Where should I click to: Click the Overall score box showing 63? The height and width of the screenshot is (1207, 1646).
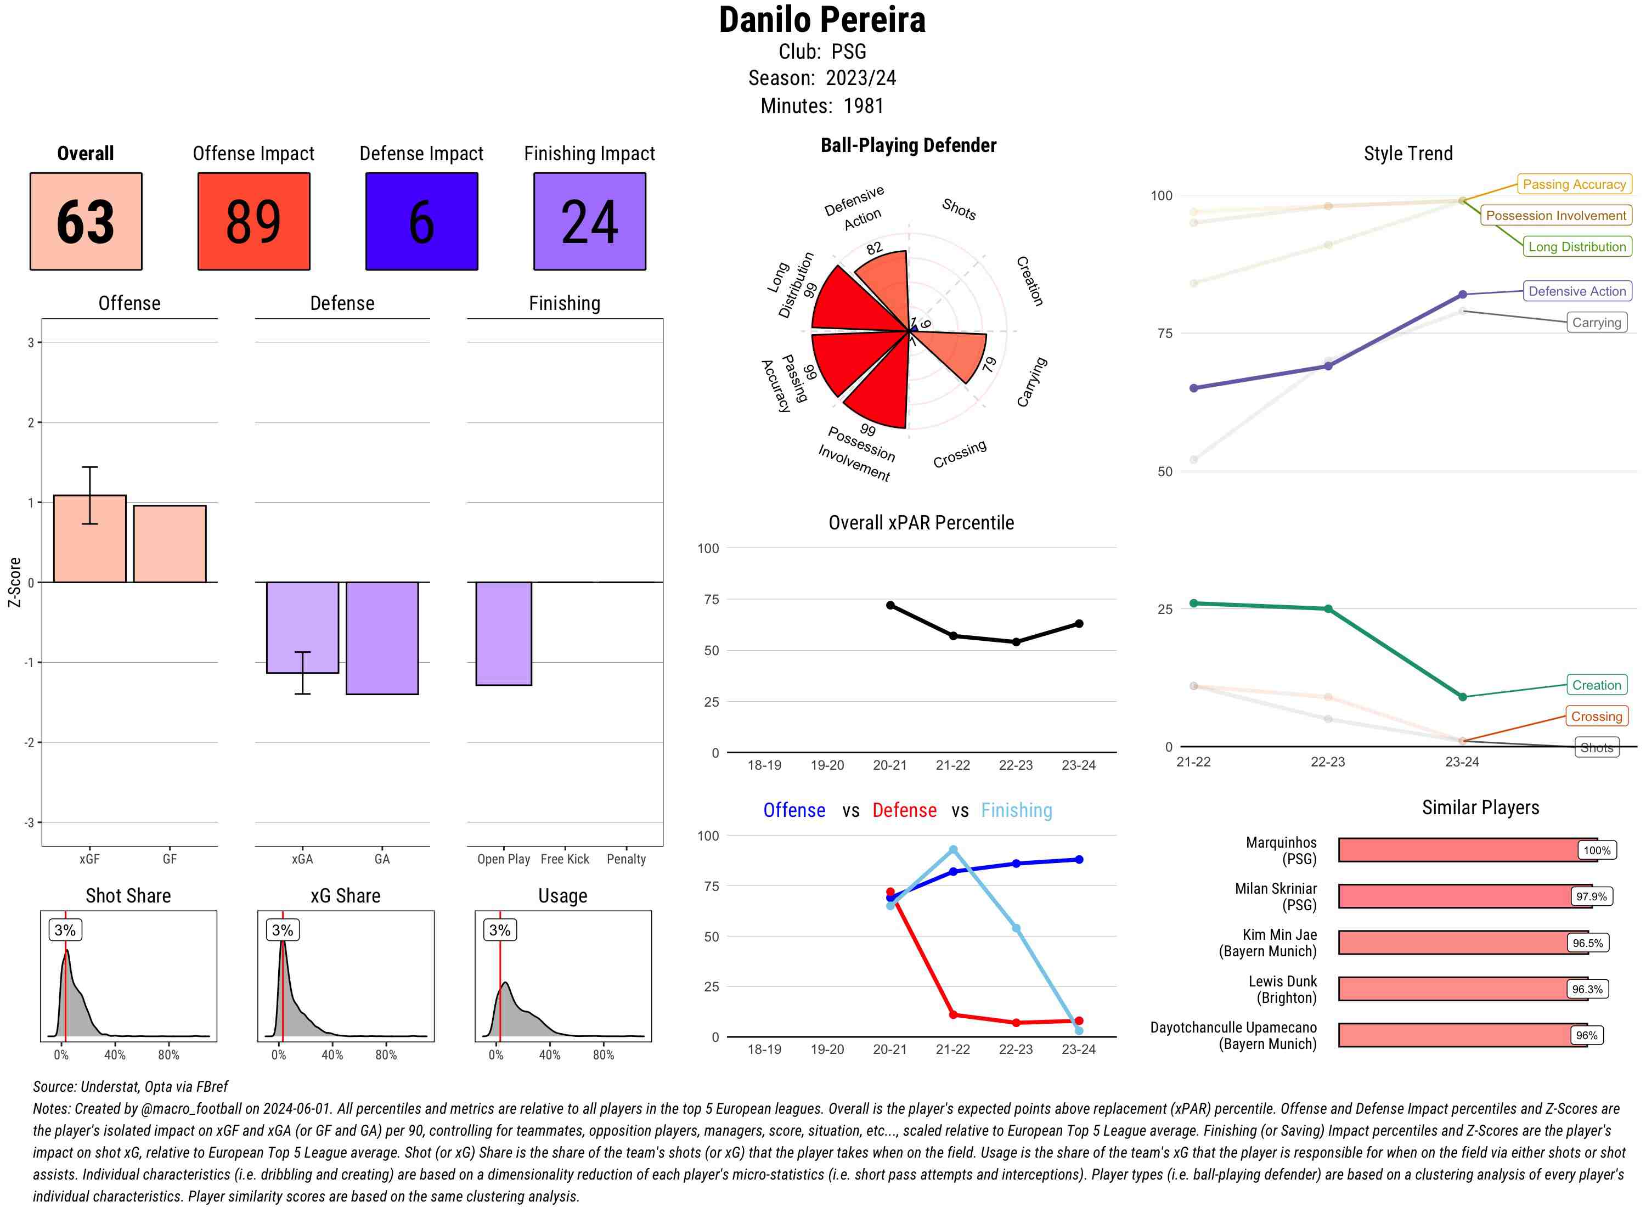pos(86,222)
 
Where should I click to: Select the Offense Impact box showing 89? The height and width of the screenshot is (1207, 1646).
pos(253,222)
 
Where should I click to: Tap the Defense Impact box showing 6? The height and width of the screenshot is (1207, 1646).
pos(421,222)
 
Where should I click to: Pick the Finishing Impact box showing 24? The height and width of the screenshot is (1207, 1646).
pos(590,222)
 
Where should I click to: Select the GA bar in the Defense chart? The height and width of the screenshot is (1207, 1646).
pos(382,638)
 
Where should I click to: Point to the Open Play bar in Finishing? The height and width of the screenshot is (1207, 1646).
pos(503,634)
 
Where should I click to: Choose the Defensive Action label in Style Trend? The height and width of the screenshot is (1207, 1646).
pos(1577,291)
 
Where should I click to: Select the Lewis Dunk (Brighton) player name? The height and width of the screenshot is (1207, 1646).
pos(1282,989)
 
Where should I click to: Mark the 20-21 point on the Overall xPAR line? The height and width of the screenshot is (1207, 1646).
pos(890,606)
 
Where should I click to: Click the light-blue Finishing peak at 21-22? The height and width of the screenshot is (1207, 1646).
pos(952,850)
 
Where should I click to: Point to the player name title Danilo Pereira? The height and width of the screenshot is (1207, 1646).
pos(822,20)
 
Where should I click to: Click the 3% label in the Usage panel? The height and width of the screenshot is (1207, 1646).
pos(500,930)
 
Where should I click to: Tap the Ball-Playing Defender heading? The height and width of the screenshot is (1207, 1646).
pos(908,145)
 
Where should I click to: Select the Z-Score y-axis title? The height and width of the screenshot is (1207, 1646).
pos(14,582)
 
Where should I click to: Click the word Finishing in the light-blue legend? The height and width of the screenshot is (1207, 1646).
pos(1016,810)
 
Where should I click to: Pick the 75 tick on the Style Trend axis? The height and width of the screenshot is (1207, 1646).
pos(1165,333)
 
